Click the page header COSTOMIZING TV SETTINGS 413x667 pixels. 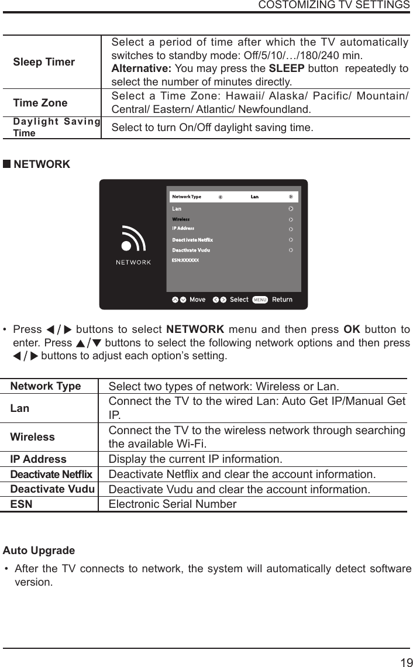(x=333, y=5)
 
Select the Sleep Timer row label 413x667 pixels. (x=44, y=62)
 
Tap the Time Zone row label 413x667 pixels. (x=40, y=103)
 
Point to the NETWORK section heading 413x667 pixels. (x=41, y=164)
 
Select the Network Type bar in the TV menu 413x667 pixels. (x=233, y=197)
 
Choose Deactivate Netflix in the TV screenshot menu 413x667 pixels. (x=192, y=240)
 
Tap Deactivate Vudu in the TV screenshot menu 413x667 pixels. (x=191, y=250)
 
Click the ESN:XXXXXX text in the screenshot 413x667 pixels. (x=185, y=259)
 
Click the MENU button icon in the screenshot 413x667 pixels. (x=260, y=300)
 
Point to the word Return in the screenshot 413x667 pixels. (x=282, y=300)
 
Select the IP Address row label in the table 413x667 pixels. (x=39, y=459)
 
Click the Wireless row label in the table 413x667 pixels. (x=33, y=437)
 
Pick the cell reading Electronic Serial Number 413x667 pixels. (x=173, y=504)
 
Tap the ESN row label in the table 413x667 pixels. (x=22, y=504)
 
